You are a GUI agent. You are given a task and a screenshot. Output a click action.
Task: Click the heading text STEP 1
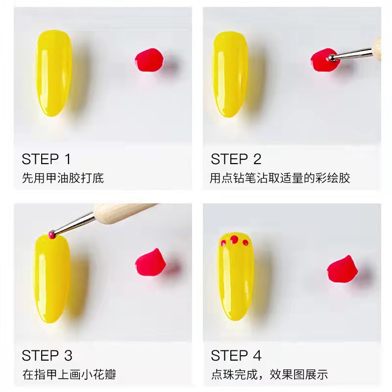point(47,159)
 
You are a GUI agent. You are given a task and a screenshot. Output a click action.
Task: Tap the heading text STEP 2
point(236,159)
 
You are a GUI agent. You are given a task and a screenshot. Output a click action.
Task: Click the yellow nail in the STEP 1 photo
point(54,73)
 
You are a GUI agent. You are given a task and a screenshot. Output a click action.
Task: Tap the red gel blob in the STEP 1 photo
point(148,60)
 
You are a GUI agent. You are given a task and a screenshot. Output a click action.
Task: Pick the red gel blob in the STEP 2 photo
point(321,59)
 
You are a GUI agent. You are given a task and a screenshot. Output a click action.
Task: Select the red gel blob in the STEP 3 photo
point(148,261)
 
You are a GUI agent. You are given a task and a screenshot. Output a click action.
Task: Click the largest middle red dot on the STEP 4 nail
point(234,239)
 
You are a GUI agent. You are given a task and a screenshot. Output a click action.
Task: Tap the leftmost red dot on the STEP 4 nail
point(223,242)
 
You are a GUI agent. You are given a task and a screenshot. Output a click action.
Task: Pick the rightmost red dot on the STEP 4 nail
point(245,242)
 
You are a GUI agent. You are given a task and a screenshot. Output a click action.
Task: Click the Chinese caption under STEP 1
point(63,178)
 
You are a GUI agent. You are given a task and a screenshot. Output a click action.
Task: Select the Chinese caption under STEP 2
point(279,178)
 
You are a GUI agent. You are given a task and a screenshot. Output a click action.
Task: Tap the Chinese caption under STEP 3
point(69,375)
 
